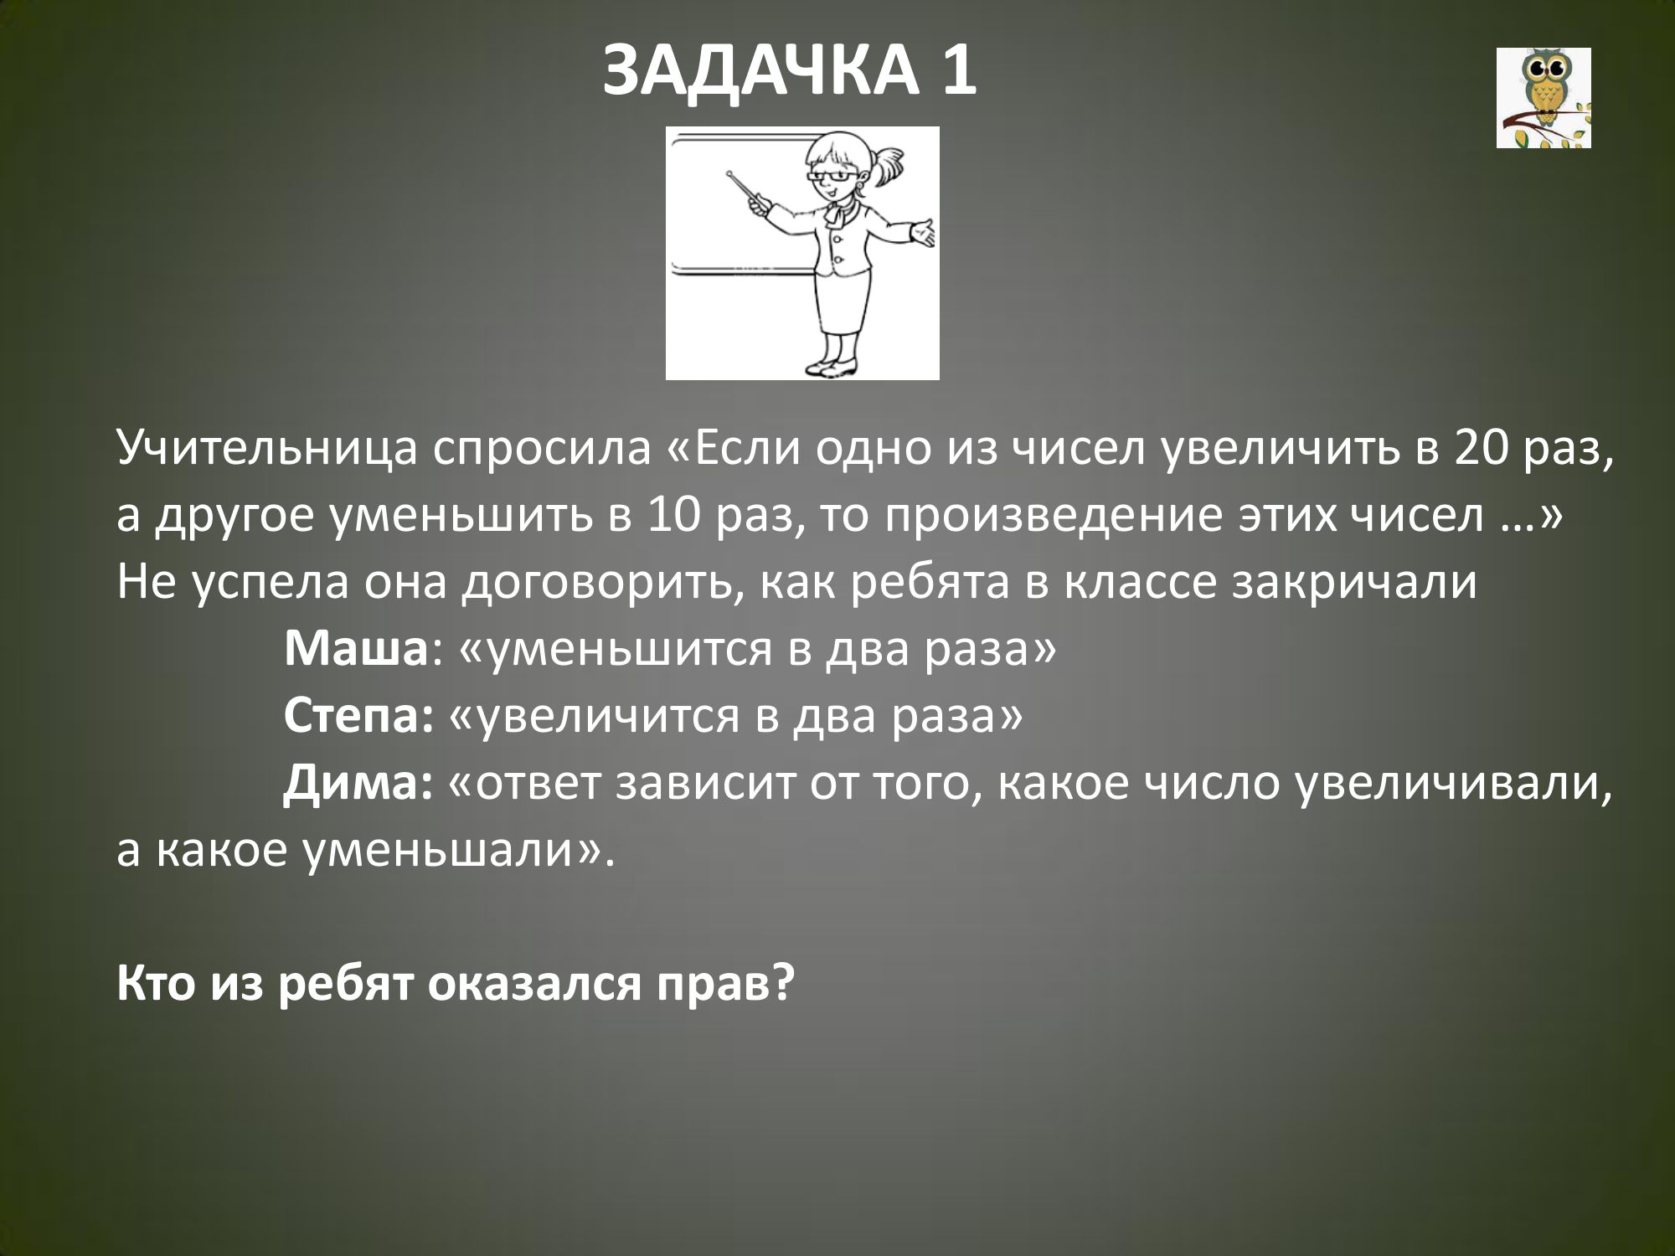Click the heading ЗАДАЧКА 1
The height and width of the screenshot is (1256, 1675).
(x=789, y=72)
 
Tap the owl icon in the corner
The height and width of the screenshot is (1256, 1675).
(x=1544, y=98)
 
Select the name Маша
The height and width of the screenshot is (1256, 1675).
(x=356, y=650)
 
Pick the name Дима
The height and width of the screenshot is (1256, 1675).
(x=353, y=785)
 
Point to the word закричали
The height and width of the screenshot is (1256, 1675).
(x=1353, y=584)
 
